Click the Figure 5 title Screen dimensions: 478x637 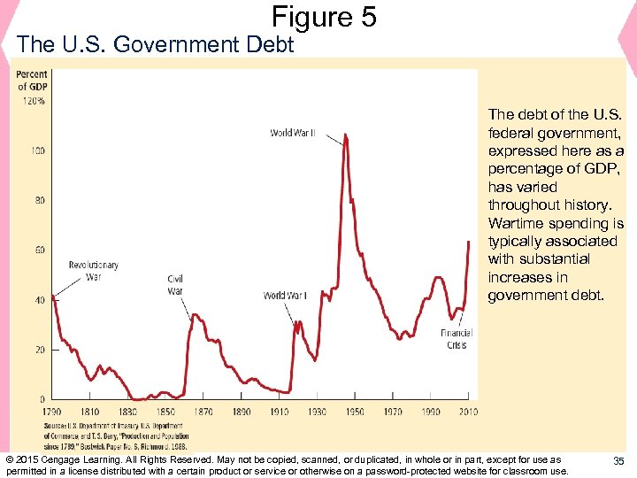point(324,16)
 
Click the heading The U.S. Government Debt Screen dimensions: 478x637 point(155,44)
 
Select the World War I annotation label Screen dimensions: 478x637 point(285,296)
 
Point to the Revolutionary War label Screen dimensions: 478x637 point(94,271)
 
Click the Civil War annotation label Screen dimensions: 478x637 point(175,285)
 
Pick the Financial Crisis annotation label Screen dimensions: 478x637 point(457,339)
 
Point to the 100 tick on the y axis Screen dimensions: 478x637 point(38,151)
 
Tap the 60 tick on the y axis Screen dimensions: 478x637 point(40,251)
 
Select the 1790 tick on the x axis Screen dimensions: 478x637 point(52,412)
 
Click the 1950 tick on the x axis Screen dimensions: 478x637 point(355,412)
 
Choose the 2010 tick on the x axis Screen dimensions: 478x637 point(468,412)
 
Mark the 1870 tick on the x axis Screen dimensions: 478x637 point(203,412)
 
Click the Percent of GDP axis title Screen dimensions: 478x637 point(32,81)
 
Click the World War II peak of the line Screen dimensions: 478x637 point(345,135)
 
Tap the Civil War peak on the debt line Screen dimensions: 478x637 point(195,314)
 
